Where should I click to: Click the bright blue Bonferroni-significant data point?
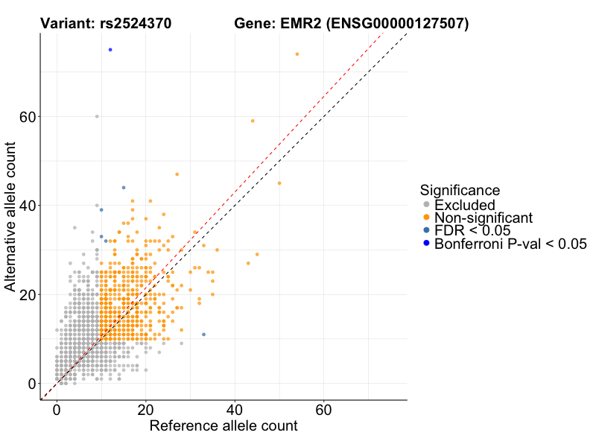pyautogui.click(x=110, y=50)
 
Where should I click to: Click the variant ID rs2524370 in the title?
pyautogui.click(x=138, y=24)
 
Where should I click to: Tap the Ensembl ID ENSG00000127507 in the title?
pyautogui.click(x=397, y=24)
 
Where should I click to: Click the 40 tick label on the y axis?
pyautogui.click(x=28, y=206)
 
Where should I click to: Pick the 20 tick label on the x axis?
pyautogui.click(x=146, y=410)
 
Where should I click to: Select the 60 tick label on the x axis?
pyautogui.click(x=324, y=410)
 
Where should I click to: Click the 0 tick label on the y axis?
pyautogui.click(x=31, y=384)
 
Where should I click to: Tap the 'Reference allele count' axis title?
pyautogui.click(x=223, y=427)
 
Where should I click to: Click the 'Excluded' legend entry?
pyautogui.click(x=465, y=204)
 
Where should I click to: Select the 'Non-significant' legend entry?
pyautogui.click(x=484, y=218)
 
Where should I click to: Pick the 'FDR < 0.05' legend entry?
pyautogui.click(x=472, y=230)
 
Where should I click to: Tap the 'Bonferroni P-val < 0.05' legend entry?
pyautogui.click(x=511, y=244)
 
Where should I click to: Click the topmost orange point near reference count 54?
pyautogui.click(x=297, y=54)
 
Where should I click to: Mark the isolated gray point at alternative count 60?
pyautogui.click(x=97, y=116)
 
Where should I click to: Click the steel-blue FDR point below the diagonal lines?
pyautogui.click(x=203, y=335)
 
